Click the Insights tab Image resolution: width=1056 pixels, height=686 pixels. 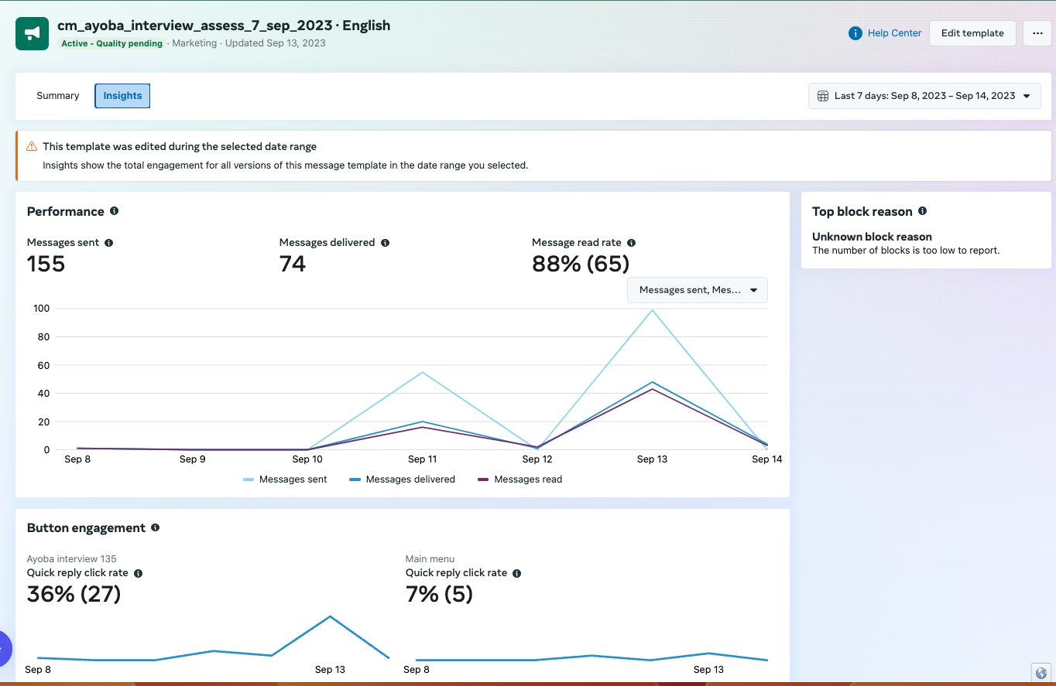pyautogui.click(x=122, y=96)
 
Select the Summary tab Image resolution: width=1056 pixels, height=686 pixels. pyautogui.click(x=58, y=96)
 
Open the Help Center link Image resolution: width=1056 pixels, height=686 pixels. pyautogui.click(x=886, y=33)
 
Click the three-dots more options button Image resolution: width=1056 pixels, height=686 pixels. pyautogui.click(x=1037, y=33)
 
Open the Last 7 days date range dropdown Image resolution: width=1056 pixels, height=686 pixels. pyautogui.click(x=924, y=96)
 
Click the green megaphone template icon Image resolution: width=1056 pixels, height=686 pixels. pyautogui.click(x=33, y=33)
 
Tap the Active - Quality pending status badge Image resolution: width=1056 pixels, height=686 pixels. pyautogui.click(x=112, y=43)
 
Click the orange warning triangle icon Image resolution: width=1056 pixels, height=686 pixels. pyautogui.click(x=32, y=146)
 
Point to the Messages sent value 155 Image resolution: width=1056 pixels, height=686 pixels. pyautogui.click(x=46, y=264)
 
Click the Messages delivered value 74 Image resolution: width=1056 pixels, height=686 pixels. pyautogui.click(x=293, y=264)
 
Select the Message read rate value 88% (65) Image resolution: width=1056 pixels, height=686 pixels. pyautogui.click(x=581, y=264)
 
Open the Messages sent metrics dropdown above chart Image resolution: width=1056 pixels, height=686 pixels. pyautogui.click(x=697, y=290)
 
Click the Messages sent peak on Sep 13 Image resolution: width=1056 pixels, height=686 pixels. pyautogui.click(x=653, y=310)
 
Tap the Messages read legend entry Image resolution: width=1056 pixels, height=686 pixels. pyautogui.click(x=520, y=480)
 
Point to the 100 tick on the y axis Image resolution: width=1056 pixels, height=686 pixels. pyautogui.click(x=41, y=309)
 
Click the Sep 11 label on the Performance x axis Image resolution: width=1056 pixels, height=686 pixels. pyautogui.click(x=422, y=459)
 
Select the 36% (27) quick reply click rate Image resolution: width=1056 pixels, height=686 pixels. pyautogui.click(x=74, y=594)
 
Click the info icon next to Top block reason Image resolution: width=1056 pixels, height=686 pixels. pyautogui.click(x=922, y=211)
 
